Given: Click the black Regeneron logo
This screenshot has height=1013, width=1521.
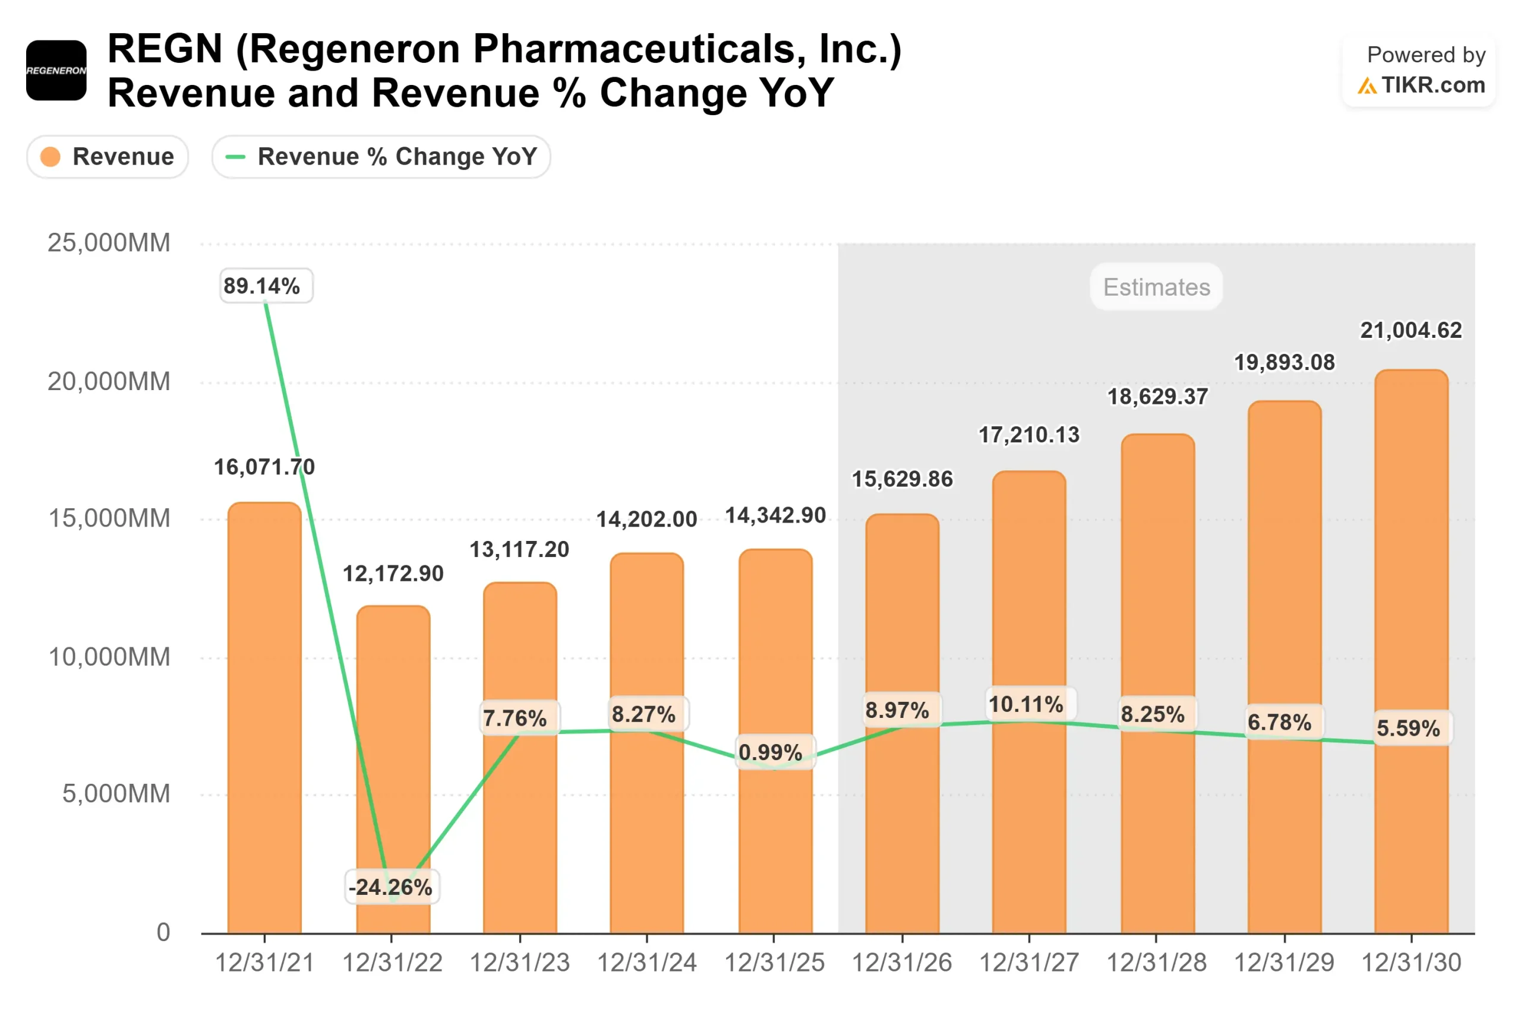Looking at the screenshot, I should pos(56,71).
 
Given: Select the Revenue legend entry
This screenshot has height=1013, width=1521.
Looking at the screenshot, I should pos(108,157).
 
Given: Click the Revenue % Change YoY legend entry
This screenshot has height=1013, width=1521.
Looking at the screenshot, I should pos(381,157).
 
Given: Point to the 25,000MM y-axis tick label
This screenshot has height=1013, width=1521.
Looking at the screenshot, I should pos(109,243).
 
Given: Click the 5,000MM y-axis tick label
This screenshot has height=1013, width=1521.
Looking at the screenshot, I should pos(116,793).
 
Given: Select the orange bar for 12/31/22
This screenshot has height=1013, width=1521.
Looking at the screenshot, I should pos(393,743).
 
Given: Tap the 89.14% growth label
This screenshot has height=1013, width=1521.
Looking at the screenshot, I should pos(262,286).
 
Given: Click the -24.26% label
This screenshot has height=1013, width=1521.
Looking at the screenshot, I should pos(390,887).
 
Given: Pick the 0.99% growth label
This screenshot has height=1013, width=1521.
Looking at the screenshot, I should pos(771,752).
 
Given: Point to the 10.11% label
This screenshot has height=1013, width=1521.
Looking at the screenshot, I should pos(1027,704).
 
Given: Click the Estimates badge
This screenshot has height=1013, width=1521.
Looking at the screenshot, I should pos(1156,287).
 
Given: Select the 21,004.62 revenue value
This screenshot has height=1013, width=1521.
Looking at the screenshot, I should pos(1410,330).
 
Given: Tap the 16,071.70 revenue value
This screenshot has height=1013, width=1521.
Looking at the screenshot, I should pos(264,467).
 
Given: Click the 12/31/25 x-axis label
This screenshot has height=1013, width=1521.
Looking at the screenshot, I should pos(774,963).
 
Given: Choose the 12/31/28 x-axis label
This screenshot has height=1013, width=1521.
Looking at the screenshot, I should pos(1156,963).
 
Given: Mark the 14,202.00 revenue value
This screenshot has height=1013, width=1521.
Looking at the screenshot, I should pos(646,519).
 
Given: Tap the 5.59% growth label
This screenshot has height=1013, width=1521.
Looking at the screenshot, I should pos(1408,728).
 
